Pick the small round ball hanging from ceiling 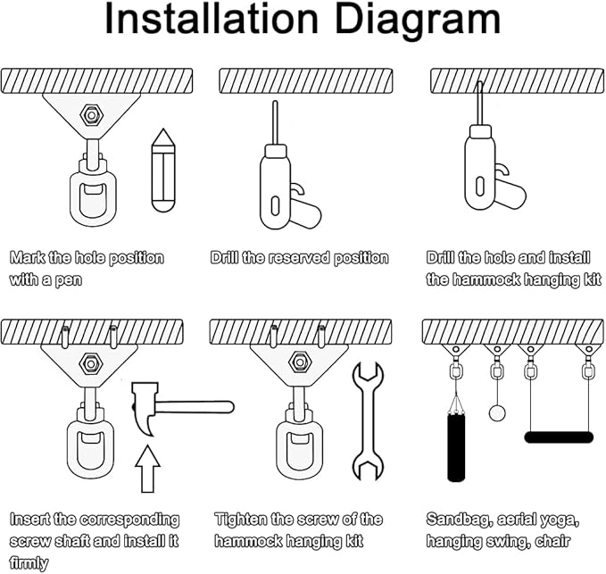tap(496, 412)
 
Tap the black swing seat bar tap(559, 437)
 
